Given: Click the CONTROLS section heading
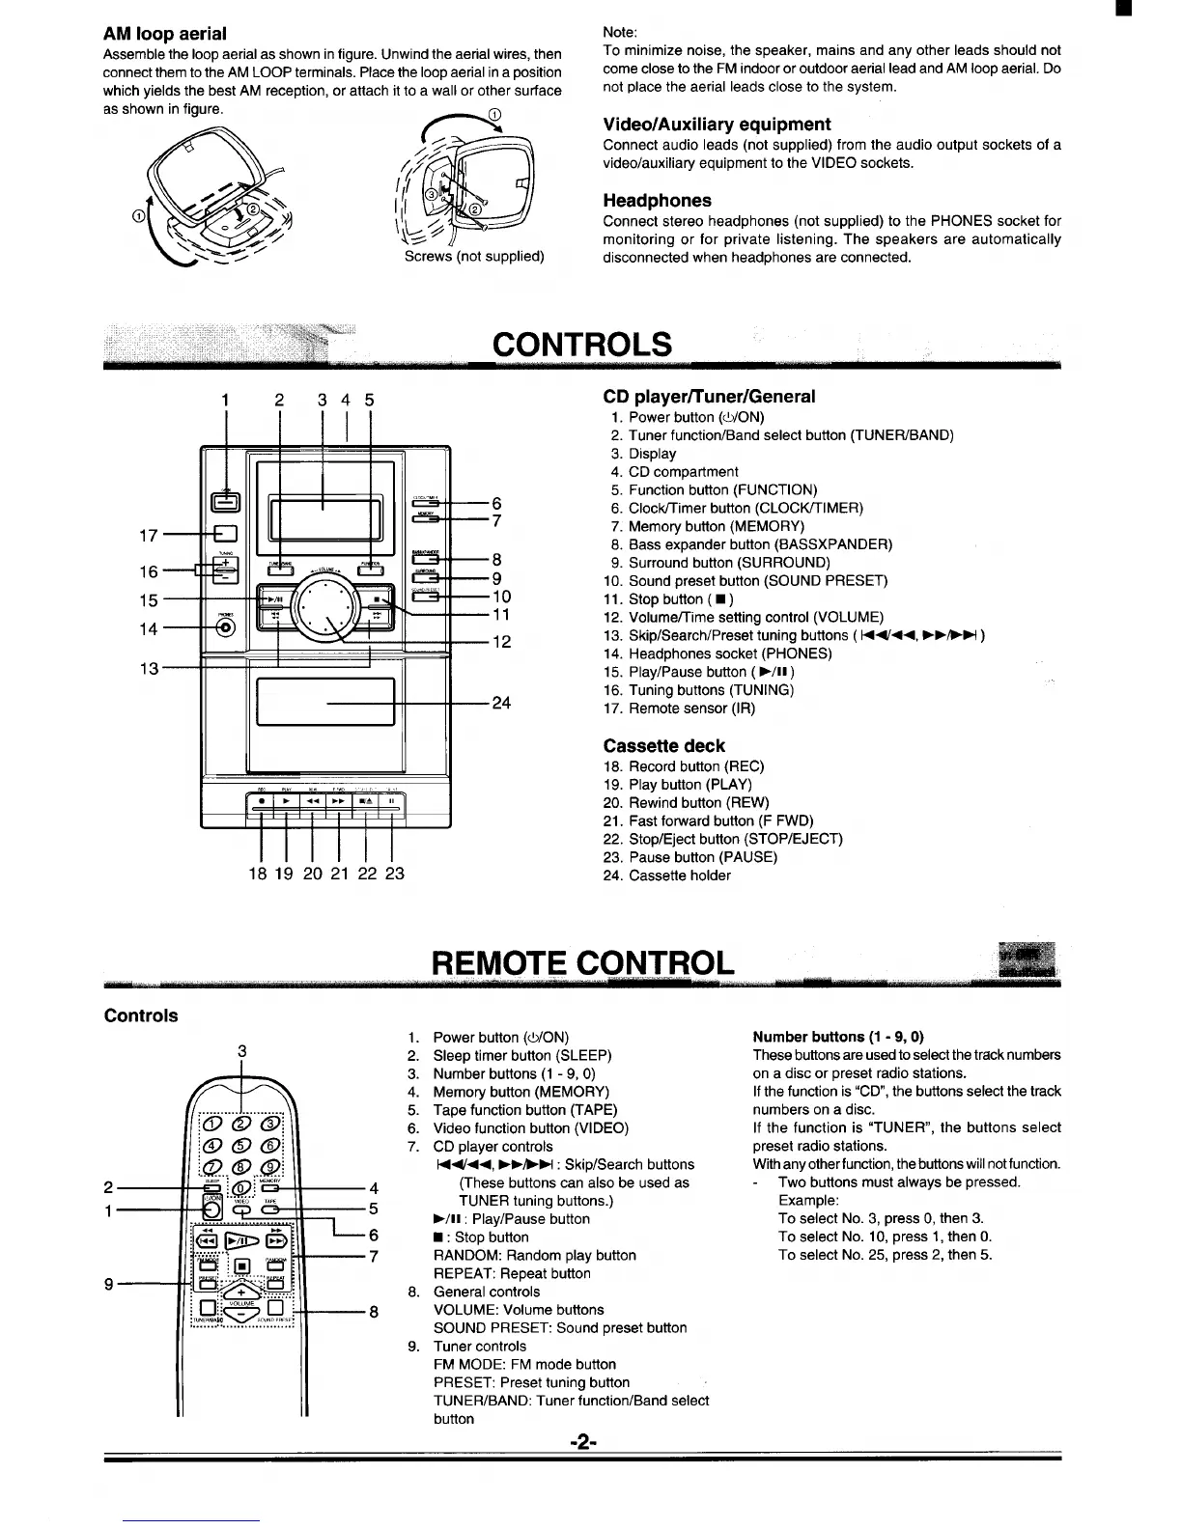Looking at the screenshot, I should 581,345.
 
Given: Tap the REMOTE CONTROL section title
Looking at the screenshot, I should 582,962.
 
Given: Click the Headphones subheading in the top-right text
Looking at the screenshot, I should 657,201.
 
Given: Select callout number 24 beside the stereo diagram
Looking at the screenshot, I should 501,704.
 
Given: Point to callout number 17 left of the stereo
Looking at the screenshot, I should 148,534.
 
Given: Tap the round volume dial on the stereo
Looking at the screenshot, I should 335,609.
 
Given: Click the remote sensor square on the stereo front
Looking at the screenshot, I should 226,534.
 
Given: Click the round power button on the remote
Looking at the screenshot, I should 211,1209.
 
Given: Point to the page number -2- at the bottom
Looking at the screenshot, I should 583,1443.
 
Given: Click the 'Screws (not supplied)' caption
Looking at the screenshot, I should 473,257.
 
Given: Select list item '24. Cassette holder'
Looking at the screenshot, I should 667,876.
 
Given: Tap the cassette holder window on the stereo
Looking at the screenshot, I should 325,702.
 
